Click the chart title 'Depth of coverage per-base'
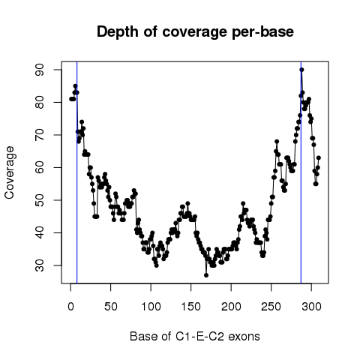point(195,32)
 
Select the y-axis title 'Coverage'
point(10,172)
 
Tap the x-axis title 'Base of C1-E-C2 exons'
point(195,336)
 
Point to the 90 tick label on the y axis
point(40,70)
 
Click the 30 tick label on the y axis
point(40,265)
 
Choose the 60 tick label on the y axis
point(40,167)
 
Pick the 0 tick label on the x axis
point(70,307)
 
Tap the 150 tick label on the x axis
point(191,307)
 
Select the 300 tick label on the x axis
point(311,307)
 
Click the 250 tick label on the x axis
point(271,307)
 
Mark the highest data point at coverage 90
point(301,70)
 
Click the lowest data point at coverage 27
point(206,275)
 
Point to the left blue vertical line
point(77,172)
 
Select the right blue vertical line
point(301,172)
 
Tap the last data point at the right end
point(319,157)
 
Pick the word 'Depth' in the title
point(118,32)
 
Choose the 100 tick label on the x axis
point(151,307)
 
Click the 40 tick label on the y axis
point(40,232)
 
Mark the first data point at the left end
point(71,99)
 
